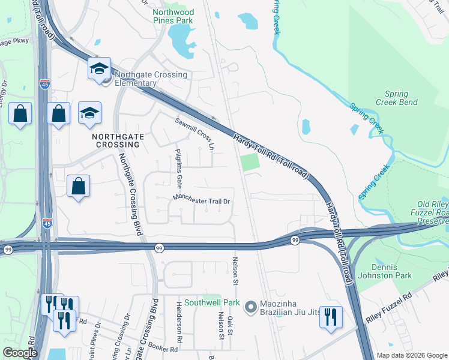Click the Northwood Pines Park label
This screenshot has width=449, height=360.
[x=173, y=16]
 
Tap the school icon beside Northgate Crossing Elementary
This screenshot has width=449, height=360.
[x=100, y=70]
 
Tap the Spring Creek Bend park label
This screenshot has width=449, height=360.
[x=397, y=98]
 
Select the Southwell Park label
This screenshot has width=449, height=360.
[x=212, y=302]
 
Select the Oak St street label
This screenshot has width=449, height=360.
[x=231, y=322]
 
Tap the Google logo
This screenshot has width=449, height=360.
[x=21, y=353]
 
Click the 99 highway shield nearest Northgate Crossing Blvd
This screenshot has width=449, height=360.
[x=159, y=248]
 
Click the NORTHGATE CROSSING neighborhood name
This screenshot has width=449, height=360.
[x=119, y=141]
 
